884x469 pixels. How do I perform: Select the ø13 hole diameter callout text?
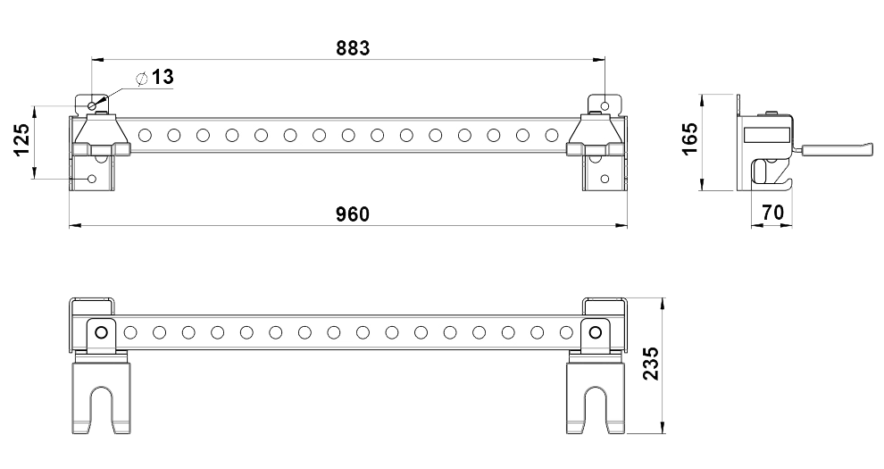point(154,78)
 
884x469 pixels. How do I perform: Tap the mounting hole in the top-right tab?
point(606,105)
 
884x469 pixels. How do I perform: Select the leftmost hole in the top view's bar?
point(145,136)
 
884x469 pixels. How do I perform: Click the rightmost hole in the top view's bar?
point(551,136)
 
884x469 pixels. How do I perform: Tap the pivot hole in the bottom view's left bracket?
point(101,332)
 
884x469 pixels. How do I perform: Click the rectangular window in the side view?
point(766,133)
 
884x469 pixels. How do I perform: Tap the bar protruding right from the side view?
point(835,151)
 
